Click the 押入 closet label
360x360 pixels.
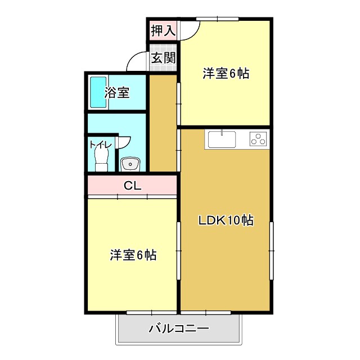point(163,30)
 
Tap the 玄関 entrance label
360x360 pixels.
point(163,58)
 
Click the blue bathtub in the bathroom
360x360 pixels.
point(98,92)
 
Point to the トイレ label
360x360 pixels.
point(101,145)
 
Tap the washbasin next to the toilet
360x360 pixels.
point(131,164)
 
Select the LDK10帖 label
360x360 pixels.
point(226,220)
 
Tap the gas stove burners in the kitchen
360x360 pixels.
point(258,138)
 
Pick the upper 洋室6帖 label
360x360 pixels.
point(226,74)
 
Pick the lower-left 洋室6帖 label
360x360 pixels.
point(133,255)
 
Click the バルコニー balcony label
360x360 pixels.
point(179,328)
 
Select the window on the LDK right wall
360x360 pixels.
point(271,250)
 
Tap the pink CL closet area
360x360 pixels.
point(107,185)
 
